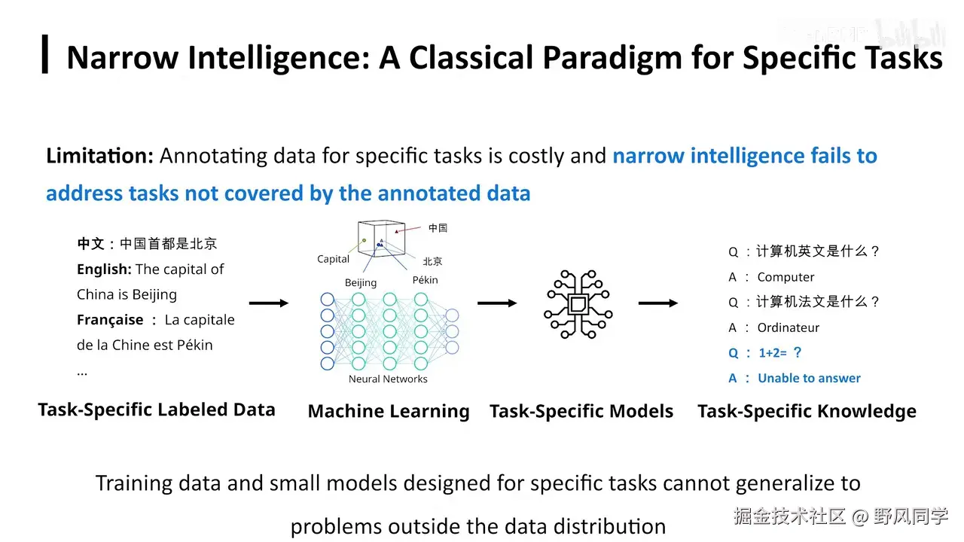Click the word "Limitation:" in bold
(x=99, y=156)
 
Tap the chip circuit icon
(x=578, y=303)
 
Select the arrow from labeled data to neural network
(x=268, y=303)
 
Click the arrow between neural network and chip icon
(x=497, y=303)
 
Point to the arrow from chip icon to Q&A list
(x=658, y=303)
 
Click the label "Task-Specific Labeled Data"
(x=157, y=410)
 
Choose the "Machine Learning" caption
(x=389, y=411)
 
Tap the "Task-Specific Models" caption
(x=581, y=411)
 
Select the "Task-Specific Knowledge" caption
(x=807, y=411)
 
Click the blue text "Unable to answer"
(x=809, y=378)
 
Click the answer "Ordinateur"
(x=788, y=327)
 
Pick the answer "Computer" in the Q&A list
(x=786, y=277)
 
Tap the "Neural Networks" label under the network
(x=388, y=379)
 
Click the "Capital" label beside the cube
(x=333, y=259)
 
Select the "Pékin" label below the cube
(x=425, y=280)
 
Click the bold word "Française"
(x=110, y=320)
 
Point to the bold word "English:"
(x=104, y=269)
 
